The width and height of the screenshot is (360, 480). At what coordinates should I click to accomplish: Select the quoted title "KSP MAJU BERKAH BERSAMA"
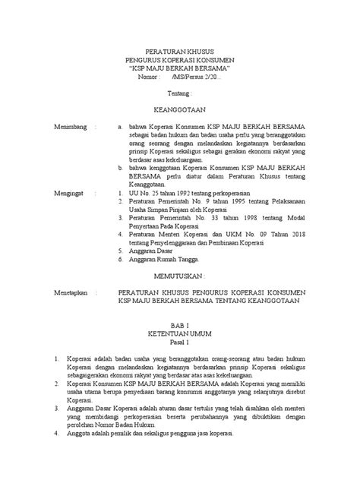click(x=180, y=69)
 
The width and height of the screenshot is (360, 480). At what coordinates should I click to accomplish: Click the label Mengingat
click(x=70, y=194)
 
